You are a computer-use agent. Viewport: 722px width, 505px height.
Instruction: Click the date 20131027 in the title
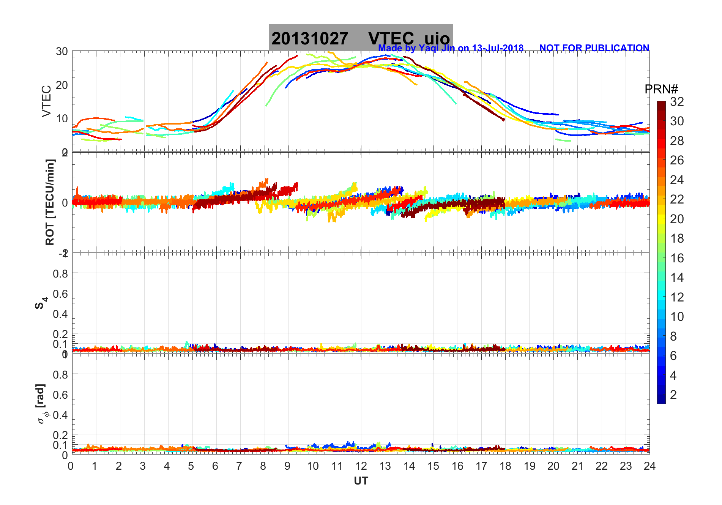(x=309, y=39)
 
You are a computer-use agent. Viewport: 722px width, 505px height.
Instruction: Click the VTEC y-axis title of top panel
(x=46, y=101)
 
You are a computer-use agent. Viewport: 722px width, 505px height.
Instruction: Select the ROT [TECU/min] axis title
(x=50, y=202)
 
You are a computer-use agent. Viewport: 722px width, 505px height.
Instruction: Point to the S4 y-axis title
(x=41, y=303)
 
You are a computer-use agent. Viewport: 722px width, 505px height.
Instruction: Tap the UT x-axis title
(x=361, y=481)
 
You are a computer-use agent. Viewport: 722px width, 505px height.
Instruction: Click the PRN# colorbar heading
(x=661, y=89)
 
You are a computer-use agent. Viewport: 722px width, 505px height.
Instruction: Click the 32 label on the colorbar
(x=677, y=101)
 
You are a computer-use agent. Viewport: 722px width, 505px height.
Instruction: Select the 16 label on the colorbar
(x=677, y=258)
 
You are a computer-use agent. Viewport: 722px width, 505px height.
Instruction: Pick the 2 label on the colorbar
(x=673, y=395)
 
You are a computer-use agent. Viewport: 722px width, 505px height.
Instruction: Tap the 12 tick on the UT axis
(x=361, y=466)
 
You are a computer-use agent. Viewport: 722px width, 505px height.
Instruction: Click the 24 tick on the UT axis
(x=649, y=466)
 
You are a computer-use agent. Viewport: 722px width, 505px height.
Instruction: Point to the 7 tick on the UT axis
(x=239, y=466)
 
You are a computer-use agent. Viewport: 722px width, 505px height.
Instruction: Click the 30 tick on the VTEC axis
(x=62, y=51)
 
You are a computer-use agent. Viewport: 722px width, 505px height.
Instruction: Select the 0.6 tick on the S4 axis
(x=60, y=294)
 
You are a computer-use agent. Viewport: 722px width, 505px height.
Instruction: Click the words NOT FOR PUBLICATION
(x=594, y=48)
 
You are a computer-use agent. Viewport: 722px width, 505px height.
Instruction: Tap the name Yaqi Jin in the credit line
(x=436, y=48)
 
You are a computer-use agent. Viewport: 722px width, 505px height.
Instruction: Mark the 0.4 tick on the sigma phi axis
(x=60, y=415)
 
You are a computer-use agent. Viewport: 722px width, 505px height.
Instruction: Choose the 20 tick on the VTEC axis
(x=62, y=85)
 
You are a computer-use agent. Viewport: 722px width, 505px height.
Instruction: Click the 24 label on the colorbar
(x=677, y=180)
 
